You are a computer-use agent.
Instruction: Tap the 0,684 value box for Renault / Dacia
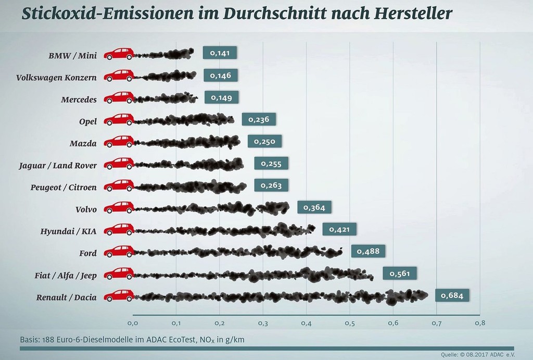point(452,296)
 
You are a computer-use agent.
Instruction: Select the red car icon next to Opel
point(119,119)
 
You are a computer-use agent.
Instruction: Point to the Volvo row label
point(86,209)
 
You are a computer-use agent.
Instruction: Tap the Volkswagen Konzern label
point(56,78)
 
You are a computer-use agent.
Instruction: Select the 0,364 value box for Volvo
point(314,208)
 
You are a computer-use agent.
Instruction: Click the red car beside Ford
point(119,252)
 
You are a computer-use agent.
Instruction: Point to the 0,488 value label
point(369,252)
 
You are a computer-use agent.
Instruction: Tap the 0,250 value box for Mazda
point(264,142)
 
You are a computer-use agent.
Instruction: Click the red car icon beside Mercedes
point(119,97)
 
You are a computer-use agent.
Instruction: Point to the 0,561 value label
point(400,274)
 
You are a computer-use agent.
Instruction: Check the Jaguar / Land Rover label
point(57,166)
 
